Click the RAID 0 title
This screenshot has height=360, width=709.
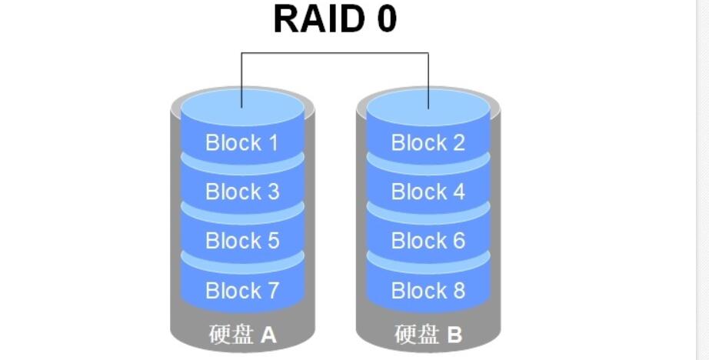tap(335, 18)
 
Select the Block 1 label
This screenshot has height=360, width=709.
tap(242, 142)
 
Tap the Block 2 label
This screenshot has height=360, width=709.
tap(428, 142)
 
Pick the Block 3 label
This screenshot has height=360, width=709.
tap(242, 192)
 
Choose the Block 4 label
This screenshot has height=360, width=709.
tap(428, 192)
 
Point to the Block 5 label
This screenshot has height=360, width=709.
tap(242, 241)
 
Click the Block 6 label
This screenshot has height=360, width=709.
tap(428, 241)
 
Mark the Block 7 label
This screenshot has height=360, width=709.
tap(242, 291)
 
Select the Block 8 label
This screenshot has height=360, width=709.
tap(428, 291)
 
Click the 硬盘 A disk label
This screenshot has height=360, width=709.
tap(242, 335)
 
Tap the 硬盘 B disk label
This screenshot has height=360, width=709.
tap(428, 335)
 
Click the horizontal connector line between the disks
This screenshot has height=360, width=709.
tap(335, 53)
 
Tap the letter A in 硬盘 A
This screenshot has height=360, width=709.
tap(268, 335)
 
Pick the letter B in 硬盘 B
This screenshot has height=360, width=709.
tap(454, 335)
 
